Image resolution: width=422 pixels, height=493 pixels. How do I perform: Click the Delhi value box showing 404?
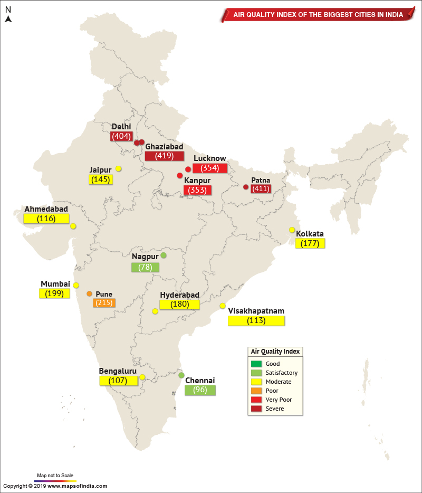click(121, 136)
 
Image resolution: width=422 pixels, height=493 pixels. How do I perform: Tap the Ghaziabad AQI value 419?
click(164, 156)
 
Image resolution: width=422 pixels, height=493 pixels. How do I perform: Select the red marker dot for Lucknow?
click(188, 169)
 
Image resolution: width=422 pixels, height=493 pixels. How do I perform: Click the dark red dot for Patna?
click(246, 187)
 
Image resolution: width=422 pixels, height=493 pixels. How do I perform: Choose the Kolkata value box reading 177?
click(310, 243)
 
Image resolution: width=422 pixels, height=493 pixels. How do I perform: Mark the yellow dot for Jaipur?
click(119, 169)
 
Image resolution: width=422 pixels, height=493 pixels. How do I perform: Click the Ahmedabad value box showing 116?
click(46, 218)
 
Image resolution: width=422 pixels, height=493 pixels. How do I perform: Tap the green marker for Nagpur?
click(164, 255)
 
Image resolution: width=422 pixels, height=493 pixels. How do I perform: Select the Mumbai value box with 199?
click(54, 293)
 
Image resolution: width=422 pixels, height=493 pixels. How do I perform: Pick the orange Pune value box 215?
click(104, 303)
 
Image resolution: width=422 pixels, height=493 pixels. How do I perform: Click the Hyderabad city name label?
click(179, 295)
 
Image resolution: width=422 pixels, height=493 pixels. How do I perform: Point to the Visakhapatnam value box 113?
click(256, 320)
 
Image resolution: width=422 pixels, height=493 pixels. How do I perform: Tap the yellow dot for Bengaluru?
click(142, 377)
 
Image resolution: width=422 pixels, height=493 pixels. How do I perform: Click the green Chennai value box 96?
click(200, 391)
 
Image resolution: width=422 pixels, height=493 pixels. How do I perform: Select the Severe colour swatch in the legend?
click(256, 409)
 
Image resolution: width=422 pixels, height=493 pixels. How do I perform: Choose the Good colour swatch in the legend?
click(256, 364)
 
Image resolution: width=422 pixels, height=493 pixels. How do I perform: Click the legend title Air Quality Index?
click(275, 352)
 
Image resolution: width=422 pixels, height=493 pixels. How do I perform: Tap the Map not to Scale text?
click(55, 475)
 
